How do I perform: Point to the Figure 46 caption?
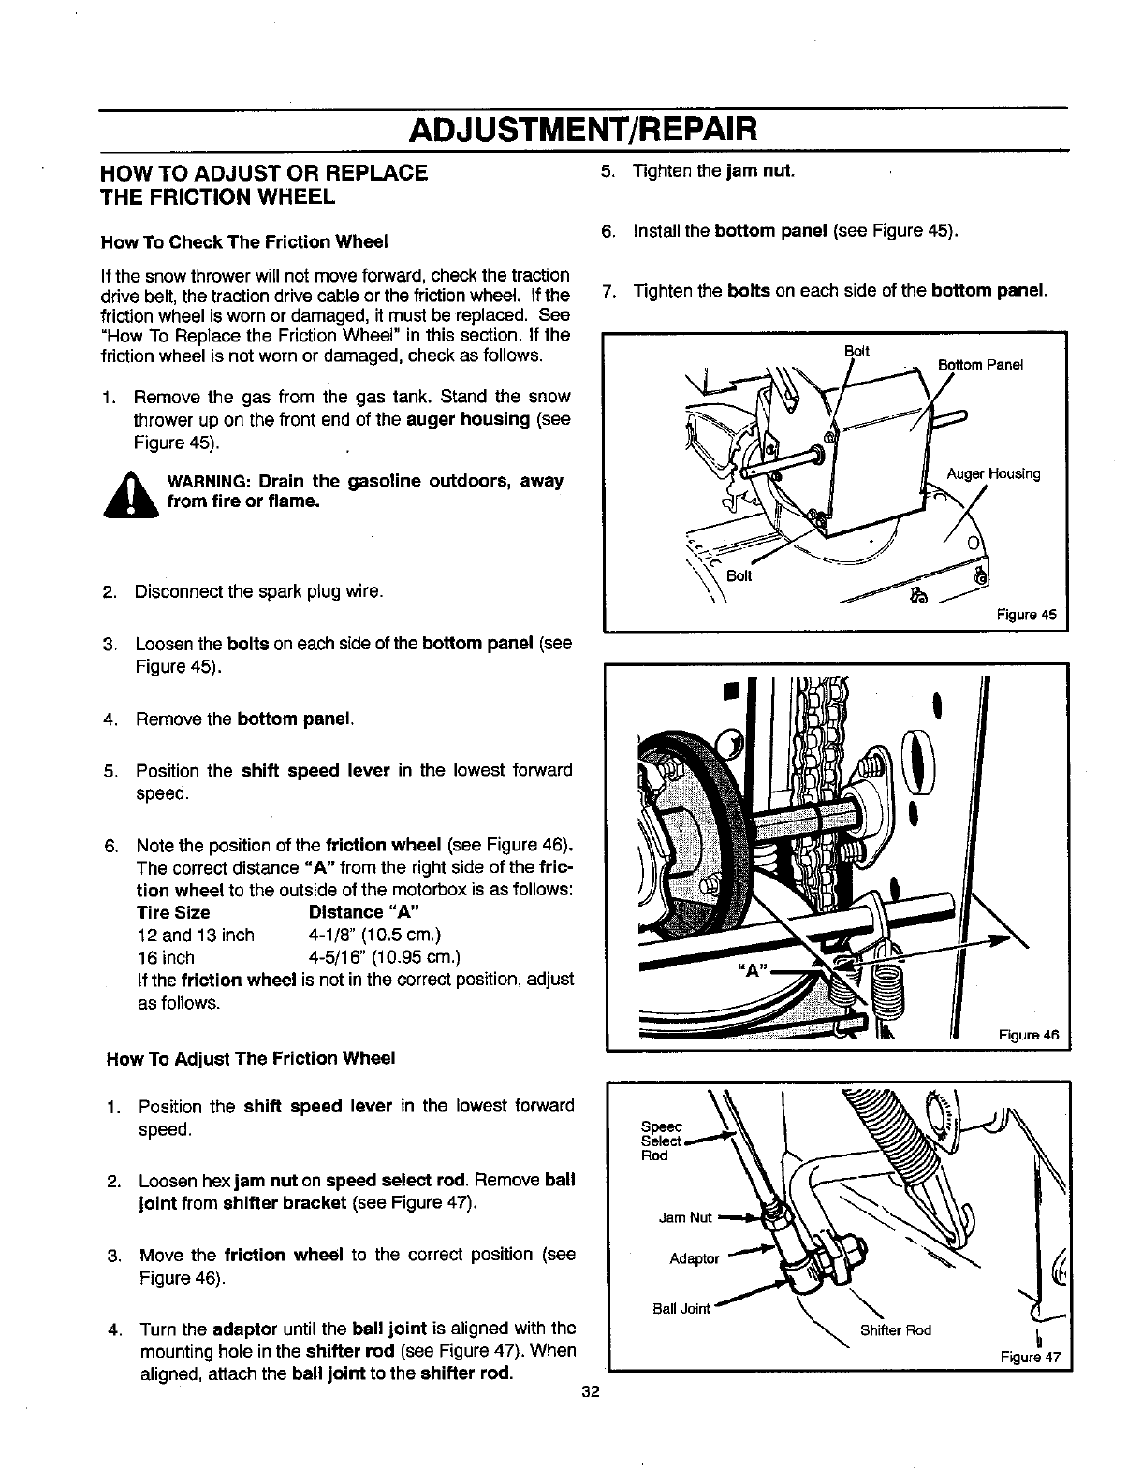[1028, 1036]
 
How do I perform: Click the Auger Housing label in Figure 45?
[993, 473]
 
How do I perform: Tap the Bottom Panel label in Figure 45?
[980, 365]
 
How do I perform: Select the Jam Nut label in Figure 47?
[685, 1217]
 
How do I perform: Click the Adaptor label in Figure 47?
[694, 1258]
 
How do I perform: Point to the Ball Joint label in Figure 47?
[681, 1308]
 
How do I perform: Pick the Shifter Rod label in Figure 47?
[895, 1329]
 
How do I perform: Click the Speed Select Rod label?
[660, 1141]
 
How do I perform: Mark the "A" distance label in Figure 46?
[748, 970]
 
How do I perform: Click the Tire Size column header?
[173, 912]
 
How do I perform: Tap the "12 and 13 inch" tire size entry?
[195, 935]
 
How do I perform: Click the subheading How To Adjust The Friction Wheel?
[252, 1058]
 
